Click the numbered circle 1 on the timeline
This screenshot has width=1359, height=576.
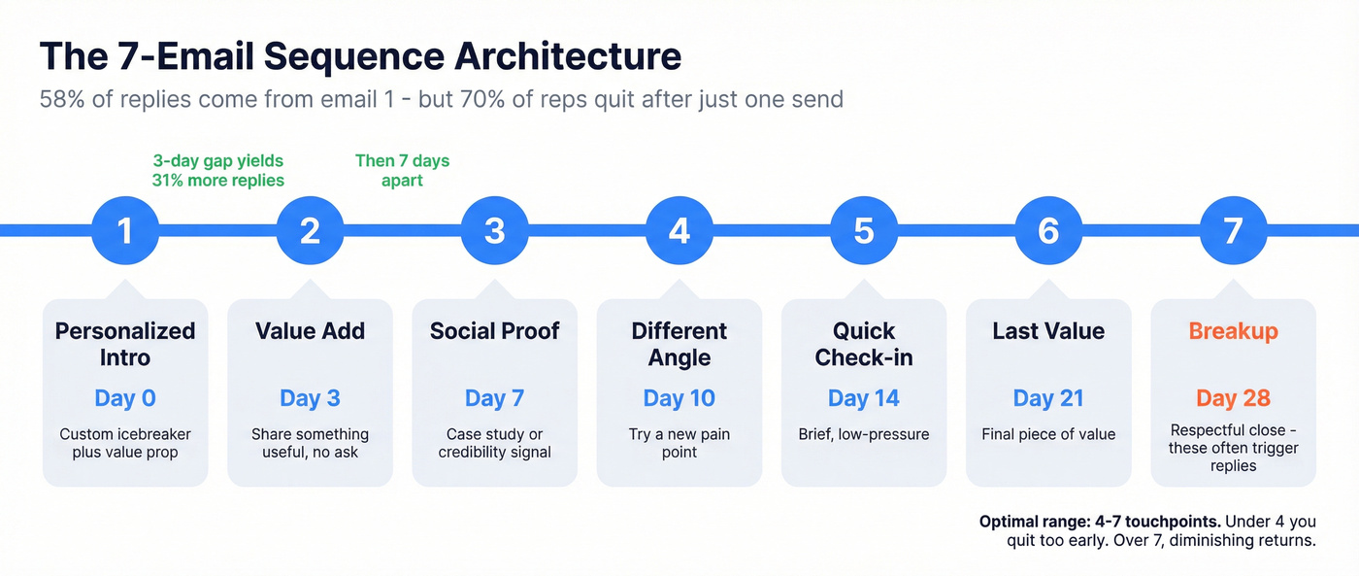[125, 230]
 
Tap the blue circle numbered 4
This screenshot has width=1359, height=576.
[679, 230]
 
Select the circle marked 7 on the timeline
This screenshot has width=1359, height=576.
[1233, 230]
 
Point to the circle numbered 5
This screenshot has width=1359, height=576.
[864, 230]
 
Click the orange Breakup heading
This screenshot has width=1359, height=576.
[1233, 331]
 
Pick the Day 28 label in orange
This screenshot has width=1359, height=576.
[1233, 398]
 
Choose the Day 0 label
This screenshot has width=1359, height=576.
[125, 398]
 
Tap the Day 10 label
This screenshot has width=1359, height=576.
[679, 398]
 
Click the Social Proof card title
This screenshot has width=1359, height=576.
[495, 331]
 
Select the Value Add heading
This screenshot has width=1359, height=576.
[310, 331]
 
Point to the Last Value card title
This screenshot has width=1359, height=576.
[1048, 331]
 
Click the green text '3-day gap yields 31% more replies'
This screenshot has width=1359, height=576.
[218, 170]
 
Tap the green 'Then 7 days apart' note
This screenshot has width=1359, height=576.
[403, 170]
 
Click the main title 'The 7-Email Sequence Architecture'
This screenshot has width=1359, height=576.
[360, 56]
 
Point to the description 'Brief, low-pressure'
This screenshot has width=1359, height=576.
[864, 434]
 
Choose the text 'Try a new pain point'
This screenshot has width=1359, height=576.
[679, 443]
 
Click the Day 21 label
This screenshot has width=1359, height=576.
[1048, 398]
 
